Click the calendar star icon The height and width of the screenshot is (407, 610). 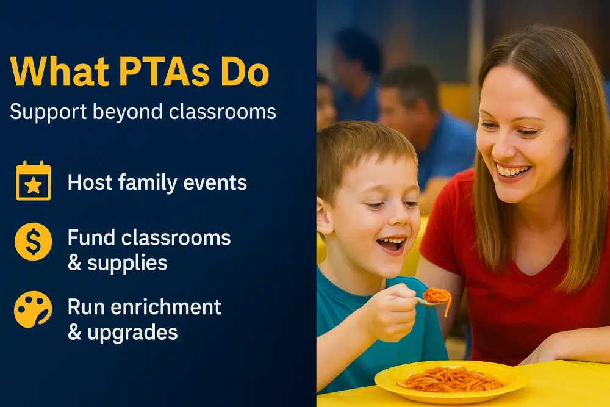coord(33,181)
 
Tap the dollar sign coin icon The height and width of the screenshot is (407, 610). coord(33,242)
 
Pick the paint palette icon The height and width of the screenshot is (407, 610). coord(33,309)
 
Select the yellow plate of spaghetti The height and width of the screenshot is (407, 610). coord(451,379)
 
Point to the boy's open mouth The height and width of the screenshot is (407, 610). coord(391,244)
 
